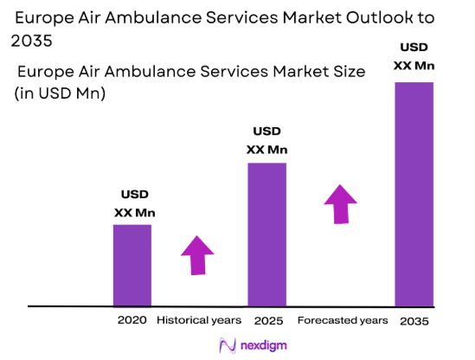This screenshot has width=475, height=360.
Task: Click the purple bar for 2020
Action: pyautogui.click(x=132, y=265)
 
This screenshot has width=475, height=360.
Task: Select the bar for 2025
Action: pyautogui.click(x=266, y=234)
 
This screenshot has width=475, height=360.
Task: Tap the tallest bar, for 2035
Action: pyautogui.click(x=414, y=194)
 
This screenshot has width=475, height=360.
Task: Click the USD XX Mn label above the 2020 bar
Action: pyautogui.click(x=134, y=204)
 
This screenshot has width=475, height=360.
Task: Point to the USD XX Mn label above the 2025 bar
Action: pyautogui.click(x=266, y=140)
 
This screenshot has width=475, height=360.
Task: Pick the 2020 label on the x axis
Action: pyautogui.click(x=132, y=320)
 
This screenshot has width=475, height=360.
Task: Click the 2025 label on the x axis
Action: pyautogui.click(x=268, y=320)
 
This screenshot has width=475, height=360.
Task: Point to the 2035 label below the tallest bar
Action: pyautogui.click(x=414, y=320)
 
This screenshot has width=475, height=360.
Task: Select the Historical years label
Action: pyautogui.click(x=199, y=320)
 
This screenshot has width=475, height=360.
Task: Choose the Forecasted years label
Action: pyautogui.click(x=343, y=320)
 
